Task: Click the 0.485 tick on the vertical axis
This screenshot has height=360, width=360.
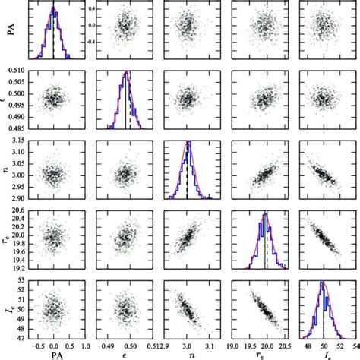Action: (x=16, y=127)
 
